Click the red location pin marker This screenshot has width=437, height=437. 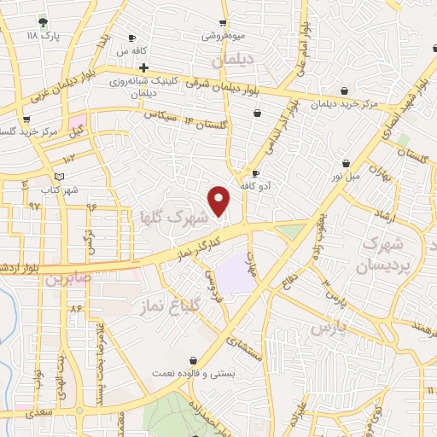[x=219, y=200]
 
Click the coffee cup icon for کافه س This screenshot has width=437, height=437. [x=131, y=38]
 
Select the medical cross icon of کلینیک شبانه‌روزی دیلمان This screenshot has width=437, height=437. [x=144, y=67]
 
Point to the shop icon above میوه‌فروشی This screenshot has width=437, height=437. [x=223, y=23]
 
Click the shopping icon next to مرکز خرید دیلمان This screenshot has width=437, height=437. [x=343, y=90]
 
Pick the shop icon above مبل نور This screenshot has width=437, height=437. [x=345, y=162]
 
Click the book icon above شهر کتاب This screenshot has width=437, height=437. [x=57, y=177]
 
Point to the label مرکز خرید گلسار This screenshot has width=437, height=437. [x=31, y=133]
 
